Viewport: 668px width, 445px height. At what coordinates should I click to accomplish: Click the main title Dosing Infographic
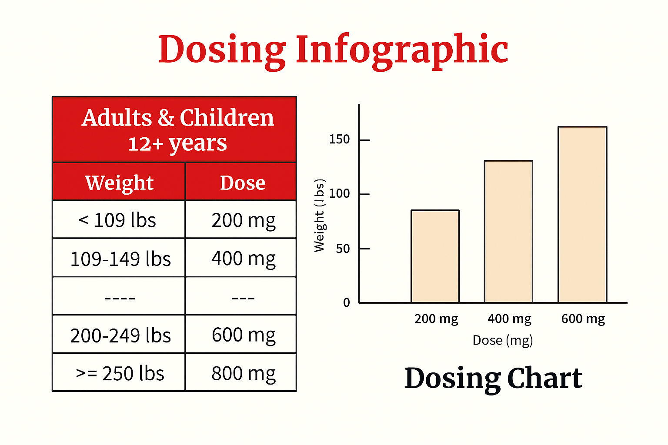(333, 50)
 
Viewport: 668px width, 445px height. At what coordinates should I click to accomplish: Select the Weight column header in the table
(119, 183)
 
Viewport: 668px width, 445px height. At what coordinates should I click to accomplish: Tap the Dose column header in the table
(242, 183)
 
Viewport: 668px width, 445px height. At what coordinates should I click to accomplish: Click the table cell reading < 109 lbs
(117, 220)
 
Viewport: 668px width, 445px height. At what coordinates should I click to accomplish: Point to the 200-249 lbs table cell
(120, 335)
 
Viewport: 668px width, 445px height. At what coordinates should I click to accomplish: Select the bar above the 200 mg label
(435, 256)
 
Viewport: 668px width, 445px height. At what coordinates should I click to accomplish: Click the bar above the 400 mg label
(508, 232)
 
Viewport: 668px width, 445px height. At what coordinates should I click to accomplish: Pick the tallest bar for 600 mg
(582, 215)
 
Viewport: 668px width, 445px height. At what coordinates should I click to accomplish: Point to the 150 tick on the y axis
(340, 139)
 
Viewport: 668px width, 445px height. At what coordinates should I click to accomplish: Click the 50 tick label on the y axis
(343, 249)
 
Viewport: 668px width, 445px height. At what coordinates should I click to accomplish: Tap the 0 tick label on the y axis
(347, 302)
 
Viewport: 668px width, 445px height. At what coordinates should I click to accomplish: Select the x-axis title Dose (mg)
(503, 340)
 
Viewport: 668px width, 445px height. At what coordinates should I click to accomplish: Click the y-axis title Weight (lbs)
(320, 216)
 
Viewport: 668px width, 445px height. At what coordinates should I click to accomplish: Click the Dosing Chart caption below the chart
(493, 378)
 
